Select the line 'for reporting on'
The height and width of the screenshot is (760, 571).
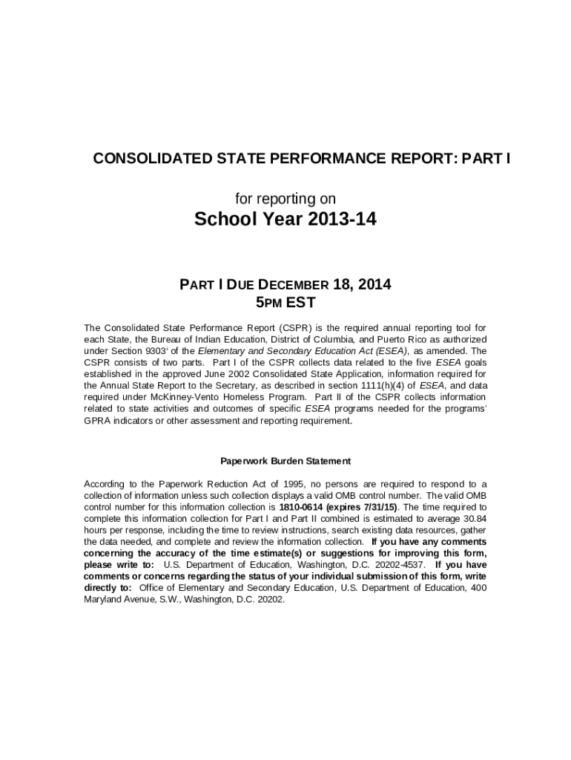point(285,198)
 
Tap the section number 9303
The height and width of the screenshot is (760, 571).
point(176,351)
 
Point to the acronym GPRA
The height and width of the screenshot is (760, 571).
point(97,420)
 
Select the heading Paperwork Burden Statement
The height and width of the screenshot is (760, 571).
point(285,461)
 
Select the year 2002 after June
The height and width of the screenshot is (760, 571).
point(219,374)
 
